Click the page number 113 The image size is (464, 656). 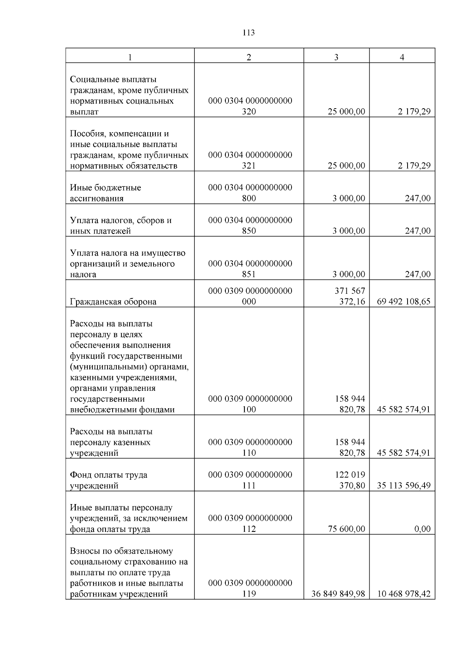(x=249, y=33)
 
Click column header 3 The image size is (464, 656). (x=336, y=57)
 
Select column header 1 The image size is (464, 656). (x=130, y=57)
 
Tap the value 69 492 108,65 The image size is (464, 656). (x=403, y=302)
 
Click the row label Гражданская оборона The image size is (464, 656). (x=113, y=302)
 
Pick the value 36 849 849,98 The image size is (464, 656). (x=338, y=594)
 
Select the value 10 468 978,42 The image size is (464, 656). (x=403, y=594)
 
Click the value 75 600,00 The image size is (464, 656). (x=346, y=529)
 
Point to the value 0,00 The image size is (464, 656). (x=422, y=529)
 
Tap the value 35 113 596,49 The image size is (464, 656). (x=403, y=486)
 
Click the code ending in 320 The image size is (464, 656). (x=250, y=106)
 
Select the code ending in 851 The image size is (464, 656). (x=250, y=269)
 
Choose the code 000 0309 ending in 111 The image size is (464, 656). (x=250, y=480)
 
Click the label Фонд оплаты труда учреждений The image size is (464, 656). (x=109, y=480)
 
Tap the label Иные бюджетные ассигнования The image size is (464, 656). (x=106, y=193)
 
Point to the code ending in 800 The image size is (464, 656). (x=250, y=193)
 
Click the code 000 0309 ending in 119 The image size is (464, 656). (x=250, y=588)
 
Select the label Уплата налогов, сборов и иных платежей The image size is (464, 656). (x=121, y=226)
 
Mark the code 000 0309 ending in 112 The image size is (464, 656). (x=250, y=523)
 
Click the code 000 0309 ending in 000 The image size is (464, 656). (x=250, y=296)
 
